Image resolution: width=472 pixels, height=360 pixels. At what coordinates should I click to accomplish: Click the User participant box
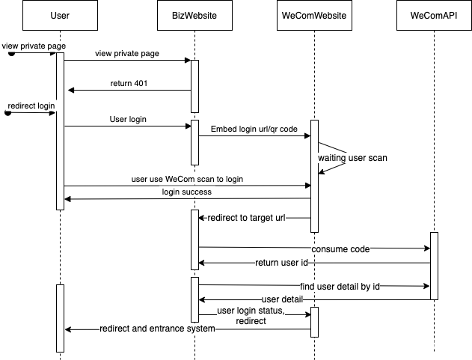60,16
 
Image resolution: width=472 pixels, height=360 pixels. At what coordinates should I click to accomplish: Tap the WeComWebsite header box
314,16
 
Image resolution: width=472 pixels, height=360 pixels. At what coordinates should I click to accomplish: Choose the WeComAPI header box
434,16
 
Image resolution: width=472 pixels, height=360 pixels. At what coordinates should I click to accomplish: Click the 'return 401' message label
129,84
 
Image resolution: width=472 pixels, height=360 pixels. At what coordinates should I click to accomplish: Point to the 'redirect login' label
31,106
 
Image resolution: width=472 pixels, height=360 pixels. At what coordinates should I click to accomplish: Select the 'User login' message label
129,120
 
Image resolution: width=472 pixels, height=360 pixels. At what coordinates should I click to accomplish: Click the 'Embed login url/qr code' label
254,129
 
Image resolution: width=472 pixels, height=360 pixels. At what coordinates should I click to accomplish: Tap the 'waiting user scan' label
352,159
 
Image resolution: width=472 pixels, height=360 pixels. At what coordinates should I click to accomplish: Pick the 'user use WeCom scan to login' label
187,179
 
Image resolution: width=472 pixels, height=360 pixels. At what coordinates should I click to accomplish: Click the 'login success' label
187,192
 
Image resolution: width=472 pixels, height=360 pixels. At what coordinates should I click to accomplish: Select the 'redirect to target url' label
246,219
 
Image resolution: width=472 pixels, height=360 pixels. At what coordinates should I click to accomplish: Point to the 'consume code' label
340,248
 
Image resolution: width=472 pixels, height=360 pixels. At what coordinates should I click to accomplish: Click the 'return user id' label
282,263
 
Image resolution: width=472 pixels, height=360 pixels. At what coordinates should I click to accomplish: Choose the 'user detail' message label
282,299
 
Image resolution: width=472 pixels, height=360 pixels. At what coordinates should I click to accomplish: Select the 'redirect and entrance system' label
158,329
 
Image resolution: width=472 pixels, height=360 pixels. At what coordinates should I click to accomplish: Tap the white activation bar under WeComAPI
434,266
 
